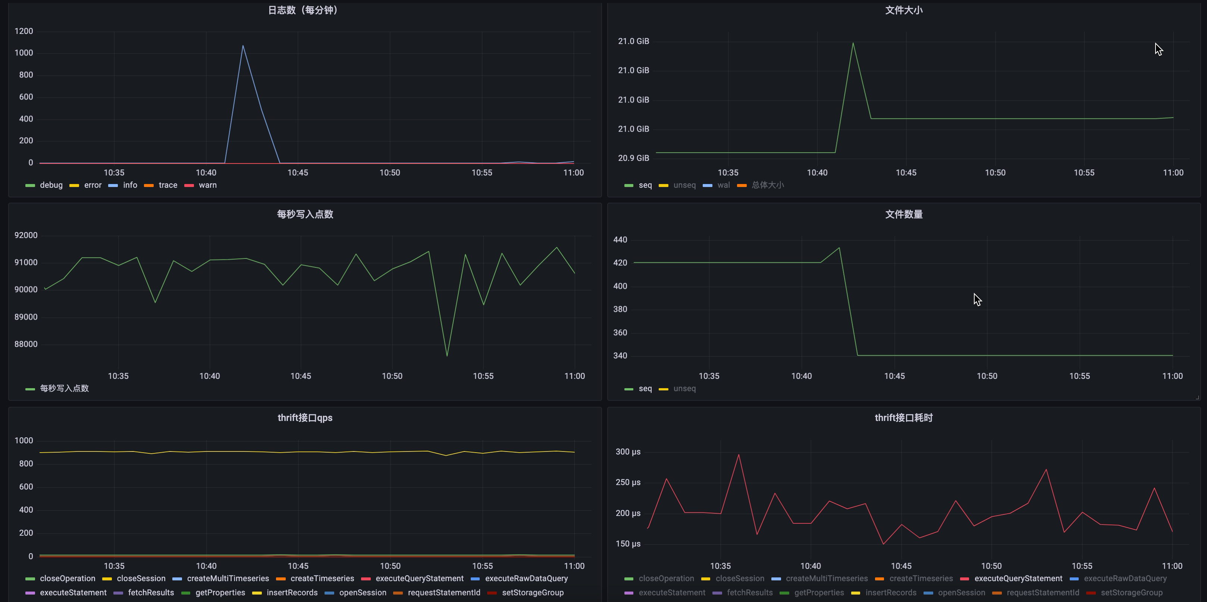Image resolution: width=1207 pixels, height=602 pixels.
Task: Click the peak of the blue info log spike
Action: [x=243, y=46]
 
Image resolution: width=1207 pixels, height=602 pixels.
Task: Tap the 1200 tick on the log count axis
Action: [x=24, y=31]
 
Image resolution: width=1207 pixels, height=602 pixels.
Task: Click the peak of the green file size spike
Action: [x=853, y=43]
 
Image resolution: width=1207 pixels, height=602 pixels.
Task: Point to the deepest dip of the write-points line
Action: [x=447, y=356]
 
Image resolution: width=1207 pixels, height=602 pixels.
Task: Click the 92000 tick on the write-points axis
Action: [x=26, y=235]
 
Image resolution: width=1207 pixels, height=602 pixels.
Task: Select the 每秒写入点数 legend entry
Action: [x=64, y=389]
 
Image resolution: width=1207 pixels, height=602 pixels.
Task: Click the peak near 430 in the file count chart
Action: [x=839, y=248]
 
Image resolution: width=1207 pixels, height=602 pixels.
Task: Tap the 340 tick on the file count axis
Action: [x=620, y=356]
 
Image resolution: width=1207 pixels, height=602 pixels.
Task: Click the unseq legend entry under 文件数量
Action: [x=684, y=389]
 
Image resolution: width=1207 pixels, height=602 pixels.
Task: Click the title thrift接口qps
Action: [x=305, y=418]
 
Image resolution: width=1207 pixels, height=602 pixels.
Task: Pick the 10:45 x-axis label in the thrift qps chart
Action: [x=298, y=566]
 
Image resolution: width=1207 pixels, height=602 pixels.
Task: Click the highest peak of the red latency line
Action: [x=739, y=454]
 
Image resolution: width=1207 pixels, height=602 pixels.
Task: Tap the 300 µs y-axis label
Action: [x=628, y=452]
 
